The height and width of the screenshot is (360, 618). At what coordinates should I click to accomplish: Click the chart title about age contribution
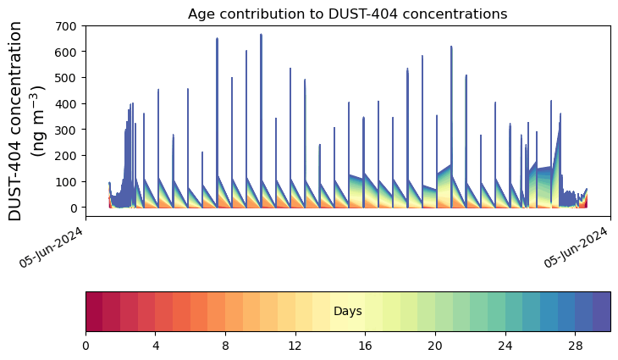(x=347, y=14)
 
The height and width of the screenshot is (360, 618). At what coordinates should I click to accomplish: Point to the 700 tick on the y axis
(x=67, y=26)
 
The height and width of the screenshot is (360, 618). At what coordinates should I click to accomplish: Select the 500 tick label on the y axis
(x=67, y=78)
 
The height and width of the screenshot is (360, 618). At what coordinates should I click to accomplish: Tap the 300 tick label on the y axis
(x=67, y=130)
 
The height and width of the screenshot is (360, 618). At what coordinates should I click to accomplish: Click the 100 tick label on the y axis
(x=67, y=182)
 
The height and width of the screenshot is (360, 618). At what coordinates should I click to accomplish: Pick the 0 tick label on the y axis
(x=74, y=208)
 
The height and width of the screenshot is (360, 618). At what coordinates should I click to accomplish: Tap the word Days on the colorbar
(x=347, y=312)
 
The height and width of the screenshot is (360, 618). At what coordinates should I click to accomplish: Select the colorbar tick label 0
(x=86, y=347)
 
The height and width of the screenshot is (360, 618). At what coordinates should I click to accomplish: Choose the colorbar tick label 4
(x=156, y=347)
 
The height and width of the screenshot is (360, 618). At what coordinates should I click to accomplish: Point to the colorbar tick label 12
(x=295, y=347)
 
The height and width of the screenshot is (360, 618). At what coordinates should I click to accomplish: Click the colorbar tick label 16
(x=366, y=347)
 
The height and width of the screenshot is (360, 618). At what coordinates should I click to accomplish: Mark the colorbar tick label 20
(x=435, y=347)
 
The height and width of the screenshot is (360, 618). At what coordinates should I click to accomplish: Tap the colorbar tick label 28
(x=575, y=347)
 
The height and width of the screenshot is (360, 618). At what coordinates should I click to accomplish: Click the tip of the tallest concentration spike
(x=261, y=35)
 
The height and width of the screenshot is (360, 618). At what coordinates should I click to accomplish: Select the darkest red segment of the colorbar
(x=94, y=312)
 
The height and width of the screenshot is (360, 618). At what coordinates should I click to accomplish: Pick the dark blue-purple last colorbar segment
(x=601, y=312)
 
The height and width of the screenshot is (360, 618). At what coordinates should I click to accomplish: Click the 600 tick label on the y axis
(x=67, y=52)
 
